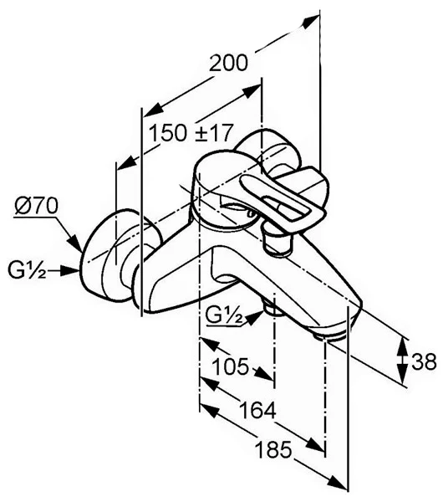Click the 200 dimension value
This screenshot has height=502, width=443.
pos(228,63)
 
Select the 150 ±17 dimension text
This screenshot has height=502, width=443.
pos(191,133)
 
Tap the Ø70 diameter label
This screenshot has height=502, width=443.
pos(37,206)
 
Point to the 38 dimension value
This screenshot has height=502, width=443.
pos(424,361)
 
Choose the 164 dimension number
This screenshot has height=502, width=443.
pos(257,410)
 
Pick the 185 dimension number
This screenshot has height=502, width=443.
pos(273,449)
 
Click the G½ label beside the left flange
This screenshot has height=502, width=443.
pos(27,270)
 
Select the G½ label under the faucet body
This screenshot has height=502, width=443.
pos(224,316)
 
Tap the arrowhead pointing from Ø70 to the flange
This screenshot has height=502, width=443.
pos(75,243)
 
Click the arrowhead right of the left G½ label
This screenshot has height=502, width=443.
pos(69,270)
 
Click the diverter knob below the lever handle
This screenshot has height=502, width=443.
pos(276,242)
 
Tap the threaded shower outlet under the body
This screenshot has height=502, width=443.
pos(272,308)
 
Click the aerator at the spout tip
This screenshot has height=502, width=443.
pos(331,337)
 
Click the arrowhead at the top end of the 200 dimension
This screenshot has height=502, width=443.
pos(311,22)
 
